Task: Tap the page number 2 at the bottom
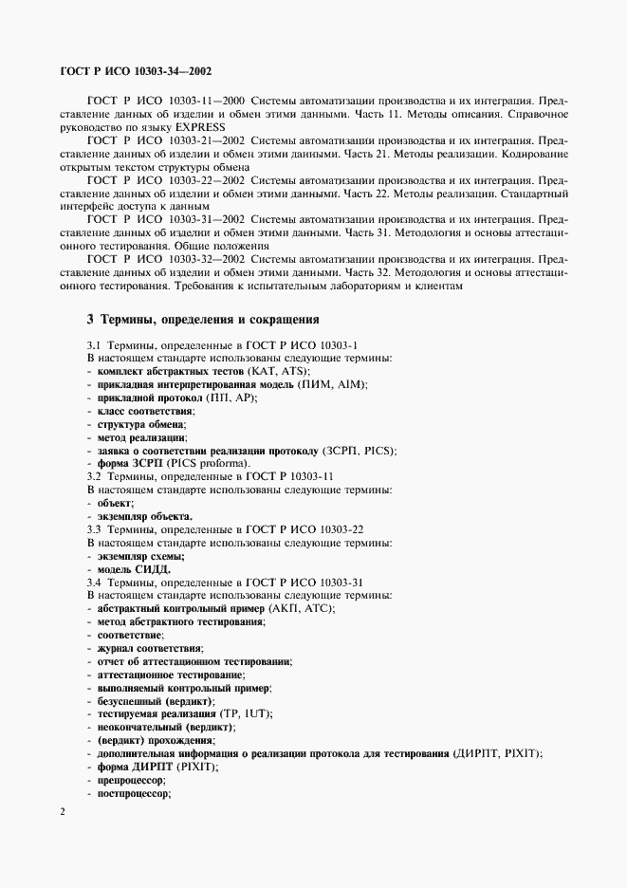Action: [62, 813]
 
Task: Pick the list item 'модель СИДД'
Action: [133, 569]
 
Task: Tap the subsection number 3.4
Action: [94, 582]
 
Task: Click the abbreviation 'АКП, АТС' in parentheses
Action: [302, 607]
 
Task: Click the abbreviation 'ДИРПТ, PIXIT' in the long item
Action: [497, 752]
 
